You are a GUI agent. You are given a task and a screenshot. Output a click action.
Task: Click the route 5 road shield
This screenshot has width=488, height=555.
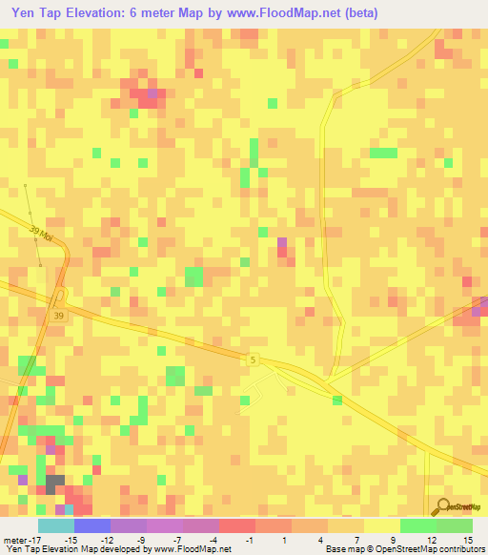click(x=253, y=360)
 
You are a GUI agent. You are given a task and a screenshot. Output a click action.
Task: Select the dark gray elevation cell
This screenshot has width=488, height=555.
click(x=55, y=483)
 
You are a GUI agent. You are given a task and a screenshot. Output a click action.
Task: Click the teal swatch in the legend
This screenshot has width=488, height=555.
click(x=55, y=525)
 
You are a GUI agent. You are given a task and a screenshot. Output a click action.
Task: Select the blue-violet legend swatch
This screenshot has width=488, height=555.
click(x=91, y=525)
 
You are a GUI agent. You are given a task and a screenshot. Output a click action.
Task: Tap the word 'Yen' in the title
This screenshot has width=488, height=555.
click(x=25, y=13)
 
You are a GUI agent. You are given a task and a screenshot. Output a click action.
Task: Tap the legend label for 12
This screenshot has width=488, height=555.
click(x=434, y=540)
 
